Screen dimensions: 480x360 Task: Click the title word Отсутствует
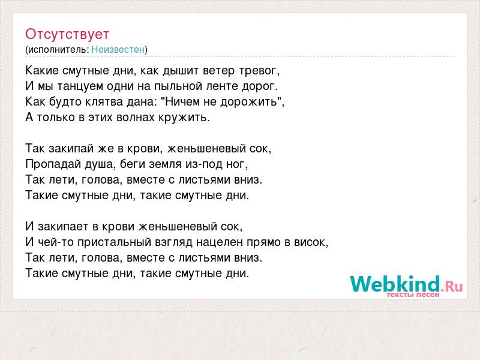pyautogui.click(x=67, y=34)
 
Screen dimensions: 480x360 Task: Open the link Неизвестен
pyautogui.click(x=118, y=49)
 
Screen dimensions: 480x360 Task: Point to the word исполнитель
pyautogui.click(x=58, y=50)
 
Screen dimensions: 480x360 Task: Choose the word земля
pyautogui.click(x=167, y=164)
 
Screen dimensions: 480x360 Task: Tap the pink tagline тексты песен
pyautogui.click(x=413, y=295)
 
